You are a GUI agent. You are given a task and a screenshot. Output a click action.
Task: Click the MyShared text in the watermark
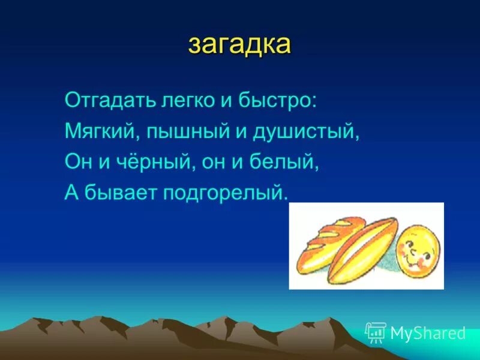[428, 333]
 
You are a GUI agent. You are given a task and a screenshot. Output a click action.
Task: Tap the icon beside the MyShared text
[376, 332]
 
